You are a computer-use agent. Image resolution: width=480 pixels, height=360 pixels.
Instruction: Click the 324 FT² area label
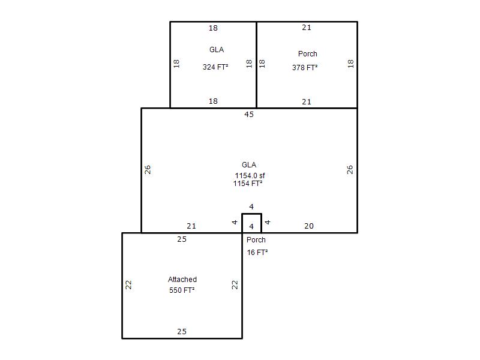pos(215,67)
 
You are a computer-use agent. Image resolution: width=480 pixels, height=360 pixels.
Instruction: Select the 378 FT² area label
pos(305,67)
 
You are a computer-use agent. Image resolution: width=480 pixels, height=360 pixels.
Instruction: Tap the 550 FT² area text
pos(182,290)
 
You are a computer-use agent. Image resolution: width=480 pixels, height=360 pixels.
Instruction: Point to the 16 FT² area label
pos(257,252)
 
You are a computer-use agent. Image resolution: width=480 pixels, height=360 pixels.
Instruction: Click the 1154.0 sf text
pos(250,175)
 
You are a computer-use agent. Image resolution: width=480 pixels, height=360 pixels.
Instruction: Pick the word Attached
pos(182,279)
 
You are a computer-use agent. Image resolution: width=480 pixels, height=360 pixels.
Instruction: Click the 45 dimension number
pos(249,115)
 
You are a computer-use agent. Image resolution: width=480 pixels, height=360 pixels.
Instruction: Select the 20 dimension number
pos(309,226)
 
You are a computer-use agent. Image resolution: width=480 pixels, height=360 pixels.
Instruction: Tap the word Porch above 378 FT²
pos(308,54)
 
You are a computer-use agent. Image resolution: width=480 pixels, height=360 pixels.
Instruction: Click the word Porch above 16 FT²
pos(256,239)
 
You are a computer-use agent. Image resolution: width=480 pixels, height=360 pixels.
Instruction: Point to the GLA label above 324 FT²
pos(217,50)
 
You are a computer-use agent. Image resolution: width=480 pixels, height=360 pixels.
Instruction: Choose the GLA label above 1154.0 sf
pos(249,164)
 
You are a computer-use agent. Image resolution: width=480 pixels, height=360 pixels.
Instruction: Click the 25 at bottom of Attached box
pos(182,332)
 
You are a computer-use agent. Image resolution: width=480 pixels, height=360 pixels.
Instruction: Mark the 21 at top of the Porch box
pos(307,28)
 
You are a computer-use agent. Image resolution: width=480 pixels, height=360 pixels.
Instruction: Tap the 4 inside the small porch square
pos(251,227)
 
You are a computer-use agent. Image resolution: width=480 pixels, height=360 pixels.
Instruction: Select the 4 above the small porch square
pos(251,206)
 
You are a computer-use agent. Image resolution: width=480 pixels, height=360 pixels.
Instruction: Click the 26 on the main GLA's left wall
pos(148,170)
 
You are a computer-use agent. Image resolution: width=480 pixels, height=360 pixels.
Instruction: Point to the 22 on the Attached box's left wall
pos(128,285)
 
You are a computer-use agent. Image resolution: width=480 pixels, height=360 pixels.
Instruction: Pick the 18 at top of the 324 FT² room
pos(213,28)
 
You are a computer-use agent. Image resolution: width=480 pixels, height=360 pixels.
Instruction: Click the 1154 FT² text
pos(248,184)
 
